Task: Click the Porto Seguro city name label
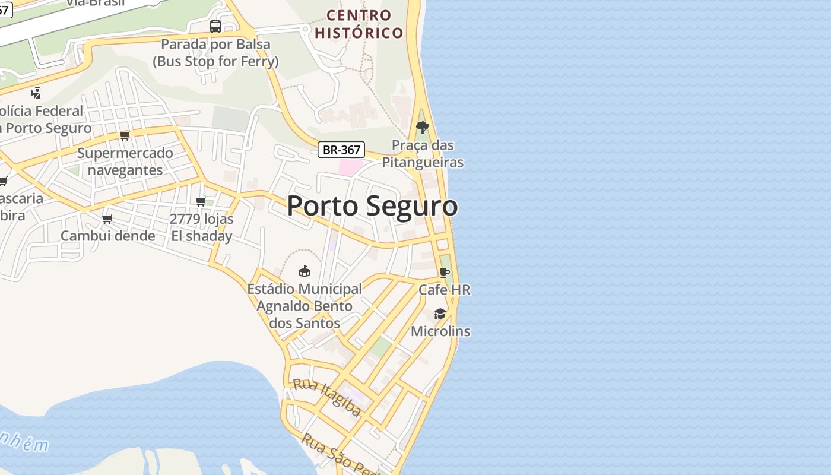(x=372, y=206)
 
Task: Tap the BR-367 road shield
(x=341, y=150)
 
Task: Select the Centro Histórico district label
(x=359, y=24)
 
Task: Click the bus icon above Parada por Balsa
(x=215, y=27)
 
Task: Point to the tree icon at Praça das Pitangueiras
(x=423, y=127)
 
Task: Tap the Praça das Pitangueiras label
(x=423, y=154)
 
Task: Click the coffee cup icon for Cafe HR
(x=445, y=273)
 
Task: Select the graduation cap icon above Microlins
(x=440, y=313)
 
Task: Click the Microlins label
(x=440, y=331)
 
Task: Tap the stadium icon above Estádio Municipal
(x=305, y=271)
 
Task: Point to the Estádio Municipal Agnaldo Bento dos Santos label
(x=305, y=306)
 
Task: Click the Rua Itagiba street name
(x=328, y=397)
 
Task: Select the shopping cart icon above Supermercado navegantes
(x=125, y=135)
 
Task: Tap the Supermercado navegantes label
(x=125, y=161)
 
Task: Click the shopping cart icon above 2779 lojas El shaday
(x=201, y=201)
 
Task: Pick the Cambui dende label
(x=108, y=236)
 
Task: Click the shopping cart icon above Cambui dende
(x=107, y=218)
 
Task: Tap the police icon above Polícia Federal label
(x=36, y=93)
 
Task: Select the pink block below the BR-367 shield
(x=350, y=167)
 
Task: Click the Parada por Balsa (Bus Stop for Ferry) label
(x=215, y=53)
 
